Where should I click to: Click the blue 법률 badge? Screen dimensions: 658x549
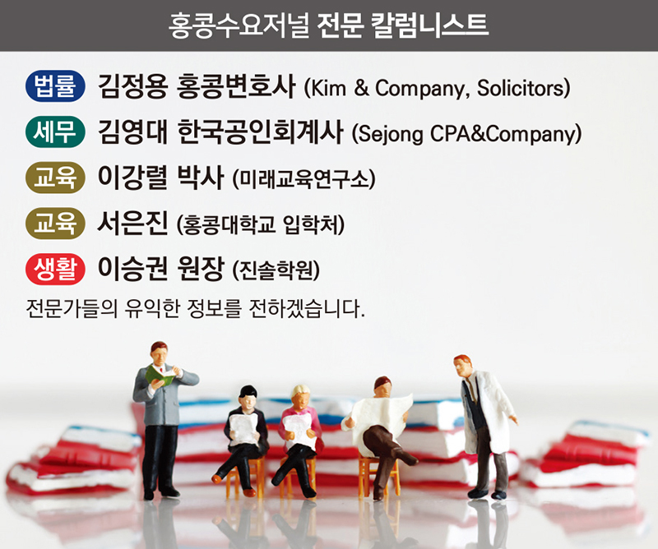coord(55,86)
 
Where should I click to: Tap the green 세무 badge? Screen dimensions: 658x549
coord(55,131)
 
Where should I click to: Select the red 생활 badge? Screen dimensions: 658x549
coord(55,269)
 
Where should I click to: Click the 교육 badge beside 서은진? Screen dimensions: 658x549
coord(55,223)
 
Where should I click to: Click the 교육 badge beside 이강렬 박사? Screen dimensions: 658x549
coord(55,178)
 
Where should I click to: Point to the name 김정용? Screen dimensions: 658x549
coord(132,86)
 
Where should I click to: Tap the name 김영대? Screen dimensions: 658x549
coord(132,131)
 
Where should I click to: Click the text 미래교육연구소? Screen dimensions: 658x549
coord(304,179)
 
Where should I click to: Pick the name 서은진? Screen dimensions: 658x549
coord(132,223)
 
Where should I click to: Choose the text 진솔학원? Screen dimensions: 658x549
coord(276,270)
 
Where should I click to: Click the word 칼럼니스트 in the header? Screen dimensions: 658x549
coord(429,25)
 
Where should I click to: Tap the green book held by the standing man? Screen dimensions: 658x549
coord(160,375)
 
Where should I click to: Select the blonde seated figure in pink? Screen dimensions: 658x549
coord(299,436)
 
